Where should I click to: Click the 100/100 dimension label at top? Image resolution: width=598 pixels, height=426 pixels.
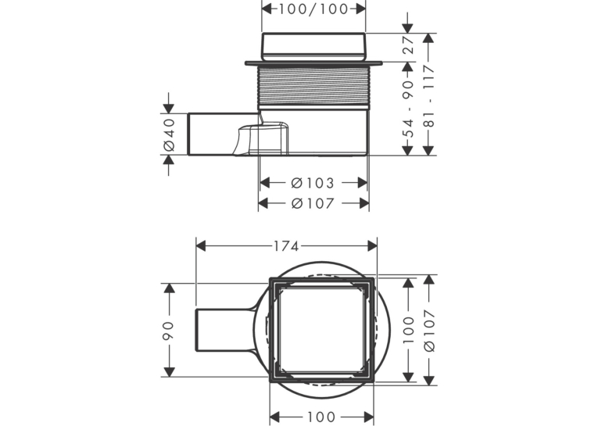click(313, 9)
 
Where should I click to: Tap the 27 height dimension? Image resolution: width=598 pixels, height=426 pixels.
click(409, 45)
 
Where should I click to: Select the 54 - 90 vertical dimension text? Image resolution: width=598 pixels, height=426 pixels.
click(409, 109)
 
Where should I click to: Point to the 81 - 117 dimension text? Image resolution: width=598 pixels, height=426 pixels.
click(429, 96)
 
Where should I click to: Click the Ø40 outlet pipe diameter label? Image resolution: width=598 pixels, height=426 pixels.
click(169, 134)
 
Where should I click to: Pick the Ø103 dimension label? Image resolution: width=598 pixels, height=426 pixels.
click(313, 183)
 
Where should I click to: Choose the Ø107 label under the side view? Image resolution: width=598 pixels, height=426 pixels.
click(313, 203)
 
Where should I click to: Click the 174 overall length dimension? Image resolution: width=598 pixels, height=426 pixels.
click(286, 246)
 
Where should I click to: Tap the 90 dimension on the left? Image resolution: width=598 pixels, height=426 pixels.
click(168, 331)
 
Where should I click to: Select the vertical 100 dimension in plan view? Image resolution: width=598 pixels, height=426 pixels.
click(409, 330)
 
